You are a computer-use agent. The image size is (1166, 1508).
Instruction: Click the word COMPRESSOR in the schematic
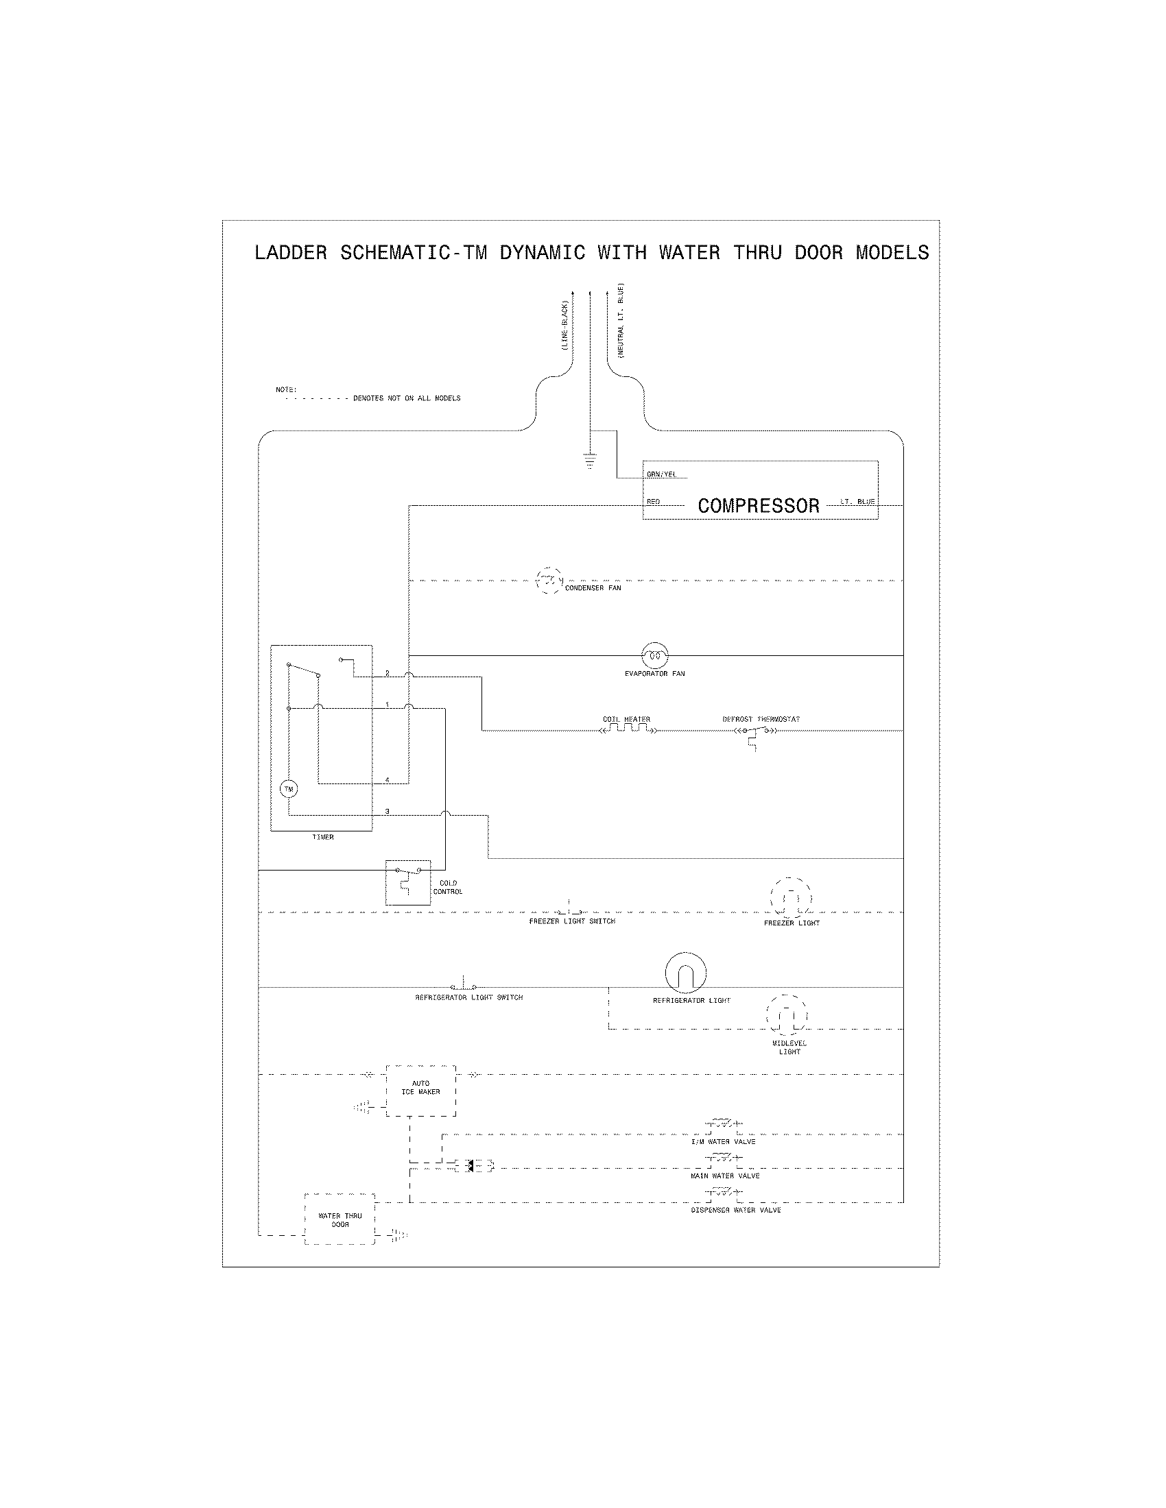(x=759, y=506)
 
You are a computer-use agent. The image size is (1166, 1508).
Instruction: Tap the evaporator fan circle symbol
(x=654, y=655)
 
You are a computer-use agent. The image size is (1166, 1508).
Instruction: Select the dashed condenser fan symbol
(x=549, y=581)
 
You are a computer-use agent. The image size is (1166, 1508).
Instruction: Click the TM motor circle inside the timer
(x=288, y=789)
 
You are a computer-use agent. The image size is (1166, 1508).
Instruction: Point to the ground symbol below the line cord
(x=589, y=460)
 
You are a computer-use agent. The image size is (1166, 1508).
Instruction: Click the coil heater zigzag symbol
(x=627, y=729)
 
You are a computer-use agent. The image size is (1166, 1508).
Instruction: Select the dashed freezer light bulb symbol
(x=791, y=899)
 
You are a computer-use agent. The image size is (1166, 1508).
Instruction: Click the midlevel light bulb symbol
(x=787, y=1014)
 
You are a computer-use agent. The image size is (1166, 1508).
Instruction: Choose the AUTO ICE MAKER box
(x=420, y=1091)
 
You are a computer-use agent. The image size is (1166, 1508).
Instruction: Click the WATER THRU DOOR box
(x=340, y=1219)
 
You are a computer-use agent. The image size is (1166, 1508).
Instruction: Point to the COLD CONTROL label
(x=448, y=887)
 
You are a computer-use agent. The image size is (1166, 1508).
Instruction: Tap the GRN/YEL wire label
(x=661, y=474)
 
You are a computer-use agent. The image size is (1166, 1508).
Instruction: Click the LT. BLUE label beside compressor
(x=857, y=501)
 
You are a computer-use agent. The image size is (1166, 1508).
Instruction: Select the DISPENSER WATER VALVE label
(x=736, y=1211)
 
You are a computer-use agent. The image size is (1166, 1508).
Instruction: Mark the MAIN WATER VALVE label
(x=724, y=1176)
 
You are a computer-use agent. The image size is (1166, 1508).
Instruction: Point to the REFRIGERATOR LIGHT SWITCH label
(x=468, y=998)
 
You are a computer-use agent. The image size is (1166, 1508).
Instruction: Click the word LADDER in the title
(x=290, y=253)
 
